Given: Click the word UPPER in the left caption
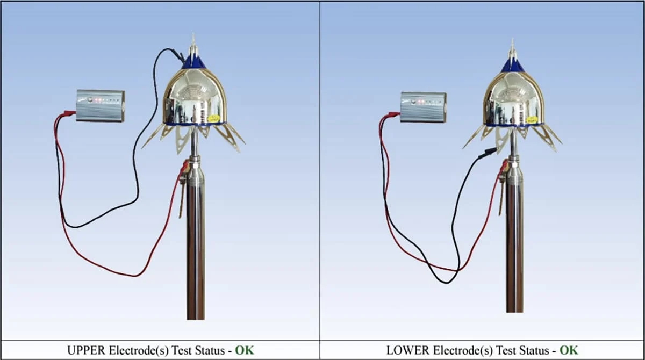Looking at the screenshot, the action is [84, 350].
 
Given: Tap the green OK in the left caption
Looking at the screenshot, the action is [245, 350].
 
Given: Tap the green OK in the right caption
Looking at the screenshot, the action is [569, 350].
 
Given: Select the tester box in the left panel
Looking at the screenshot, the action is [101, 105].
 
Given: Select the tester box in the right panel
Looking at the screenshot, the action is [423, 106].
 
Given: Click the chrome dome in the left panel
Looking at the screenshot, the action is [193, 97].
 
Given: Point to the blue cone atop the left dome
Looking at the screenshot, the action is [193, 62].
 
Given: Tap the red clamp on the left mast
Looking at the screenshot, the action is [184, 167].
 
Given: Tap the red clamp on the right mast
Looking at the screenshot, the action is [503, 169].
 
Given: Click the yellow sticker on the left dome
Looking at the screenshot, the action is [213, 118].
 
